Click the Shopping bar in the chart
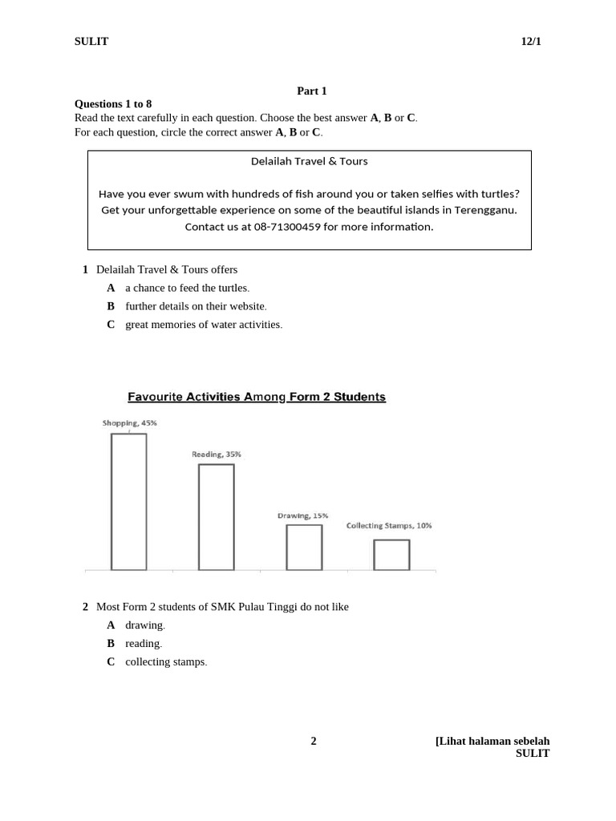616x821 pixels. [128, 501]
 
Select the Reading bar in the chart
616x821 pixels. [216, 516]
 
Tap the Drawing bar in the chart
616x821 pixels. [304, 547]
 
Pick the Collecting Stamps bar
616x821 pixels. [391, 554]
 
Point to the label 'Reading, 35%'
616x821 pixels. [216, 455]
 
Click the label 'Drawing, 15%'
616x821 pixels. [302, 516]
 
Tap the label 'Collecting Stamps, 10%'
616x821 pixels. [389, 526]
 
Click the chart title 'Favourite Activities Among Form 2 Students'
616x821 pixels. [257, 397]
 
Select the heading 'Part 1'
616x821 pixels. [312, 91]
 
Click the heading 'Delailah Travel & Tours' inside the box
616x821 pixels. [309, 161]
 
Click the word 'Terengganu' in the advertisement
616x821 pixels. [485, 210]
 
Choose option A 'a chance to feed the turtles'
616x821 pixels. [187, 288]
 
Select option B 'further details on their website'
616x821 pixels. [196, 306]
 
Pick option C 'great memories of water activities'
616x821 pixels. [204, 325]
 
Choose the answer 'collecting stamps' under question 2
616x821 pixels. [166, 662]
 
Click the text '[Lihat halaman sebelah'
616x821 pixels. [492, 741]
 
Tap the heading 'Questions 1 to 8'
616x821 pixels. [113, 104]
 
